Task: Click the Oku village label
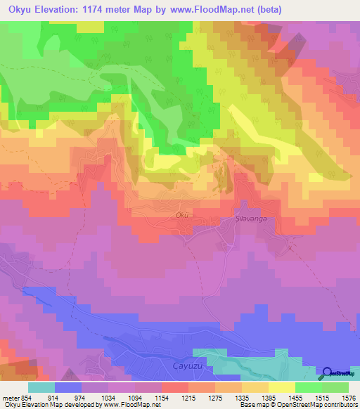(182, 215)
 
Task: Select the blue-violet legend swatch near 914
(68, 387)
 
